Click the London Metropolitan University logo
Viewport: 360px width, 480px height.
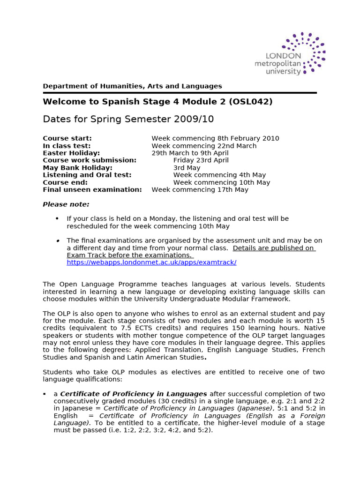(x=290, y=54)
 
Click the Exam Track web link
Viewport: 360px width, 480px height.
(x=151, y=262)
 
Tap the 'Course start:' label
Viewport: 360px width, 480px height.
(x=67, y=138)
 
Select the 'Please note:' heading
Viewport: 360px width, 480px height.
(x=66, y=204)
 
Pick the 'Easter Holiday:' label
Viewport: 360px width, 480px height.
(x=71, y=153)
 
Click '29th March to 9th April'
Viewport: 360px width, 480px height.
(x=190, y=153)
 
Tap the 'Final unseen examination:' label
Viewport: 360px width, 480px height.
(x=92, y=190)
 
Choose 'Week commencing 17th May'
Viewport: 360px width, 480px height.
(x=200, y=190)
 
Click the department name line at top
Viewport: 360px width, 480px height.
(x=132, y=86)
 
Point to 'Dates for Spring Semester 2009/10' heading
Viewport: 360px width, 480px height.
(x=128, y=119)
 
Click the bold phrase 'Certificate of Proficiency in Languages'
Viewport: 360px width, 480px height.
(x=134, y=394)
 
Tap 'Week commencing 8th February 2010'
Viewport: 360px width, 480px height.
(x=215, y=138)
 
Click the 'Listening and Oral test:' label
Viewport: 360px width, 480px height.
(x=87, y=175)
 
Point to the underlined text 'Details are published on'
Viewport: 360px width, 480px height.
(x=273, y=248)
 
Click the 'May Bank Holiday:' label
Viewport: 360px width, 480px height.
(x=77, y=168)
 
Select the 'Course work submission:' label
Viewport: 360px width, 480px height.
(x=90, y=160)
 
